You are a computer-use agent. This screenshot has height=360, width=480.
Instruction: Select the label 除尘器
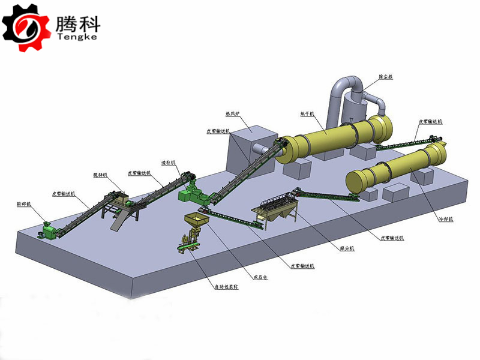point(386,77)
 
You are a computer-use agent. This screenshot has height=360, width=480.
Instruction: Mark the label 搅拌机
point(100,175)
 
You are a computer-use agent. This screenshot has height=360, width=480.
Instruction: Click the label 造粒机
point(167,162)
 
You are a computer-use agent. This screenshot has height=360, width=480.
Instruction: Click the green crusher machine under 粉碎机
point(47,228)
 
